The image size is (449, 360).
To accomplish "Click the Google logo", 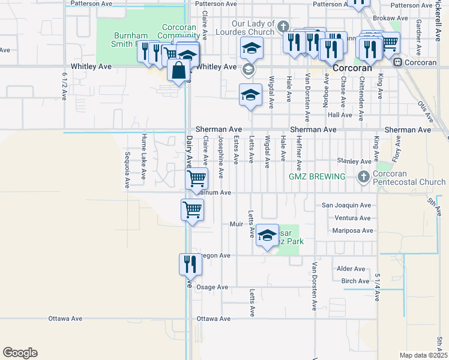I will [x=20, y=353].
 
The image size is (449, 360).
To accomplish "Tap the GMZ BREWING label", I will [x=317, y=176].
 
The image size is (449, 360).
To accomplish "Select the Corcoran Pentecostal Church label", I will [x=408, y=178].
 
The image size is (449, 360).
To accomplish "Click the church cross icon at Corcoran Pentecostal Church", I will [x=363, y=177].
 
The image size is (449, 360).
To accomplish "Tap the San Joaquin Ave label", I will [x=346, y=205].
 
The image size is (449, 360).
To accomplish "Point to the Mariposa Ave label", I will [x=352, y=230].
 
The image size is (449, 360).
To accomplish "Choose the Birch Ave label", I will [x=355, y=281].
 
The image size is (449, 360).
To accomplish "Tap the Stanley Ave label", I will [x=354, y=161].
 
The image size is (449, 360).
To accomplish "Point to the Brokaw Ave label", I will [x=394, y=19].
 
